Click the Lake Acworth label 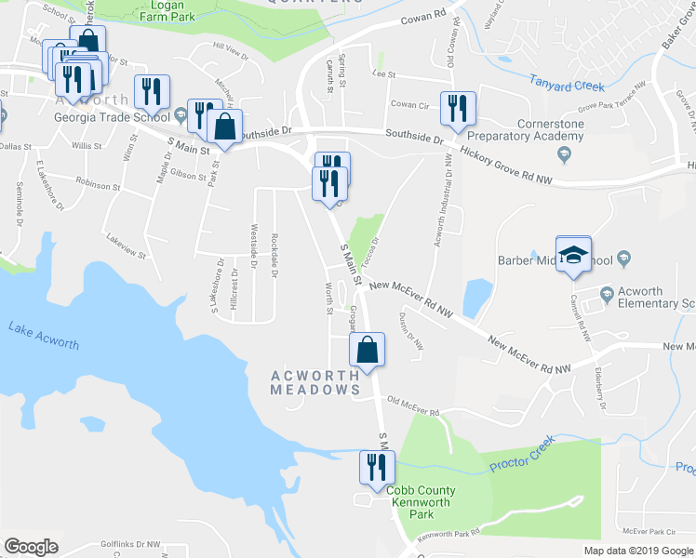point(43,335)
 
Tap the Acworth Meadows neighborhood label point(315,383)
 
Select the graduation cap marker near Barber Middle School point(574,255)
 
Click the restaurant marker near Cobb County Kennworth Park point(378,466)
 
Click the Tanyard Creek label point(568,86)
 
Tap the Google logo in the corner point(31,546)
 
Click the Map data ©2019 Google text point(637,551)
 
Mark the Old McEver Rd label point(412,405)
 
